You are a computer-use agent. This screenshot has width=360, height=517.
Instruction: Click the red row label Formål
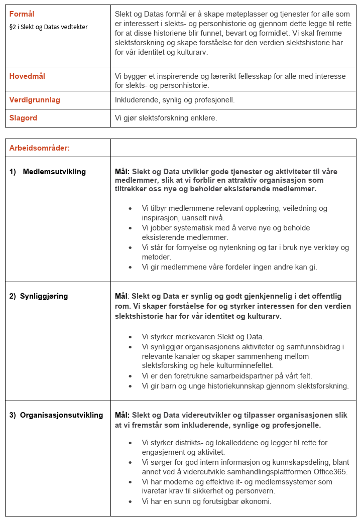pos(22,14)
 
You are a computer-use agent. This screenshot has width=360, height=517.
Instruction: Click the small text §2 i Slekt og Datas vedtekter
pos(48,26)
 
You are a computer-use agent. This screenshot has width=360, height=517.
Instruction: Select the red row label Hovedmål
pos(27,76)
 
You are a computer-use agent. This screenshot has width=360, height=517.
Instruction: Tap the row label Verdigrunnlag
pos(35,100)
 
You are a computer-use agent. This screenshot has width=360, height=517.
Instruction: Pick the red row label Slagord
pos(23,118)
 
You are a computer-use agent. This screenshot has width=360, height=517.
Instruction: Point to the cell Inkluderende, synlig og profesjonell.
pos(175,100)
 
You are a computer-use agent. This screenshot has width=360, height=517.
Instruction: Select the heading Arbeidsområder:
pos(39,148)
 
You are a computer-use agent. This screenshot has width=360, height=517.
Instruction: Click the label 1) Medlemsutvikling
pos(48,172)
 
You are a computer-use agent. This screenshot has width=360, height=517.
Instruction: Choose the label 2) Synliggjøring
pos(39,296)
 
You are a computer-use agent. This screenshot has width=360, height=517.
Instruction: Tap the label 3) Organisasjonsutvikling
pos(56,415)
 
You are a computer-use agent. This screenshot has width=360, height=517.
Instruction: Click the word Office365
pos(329,472)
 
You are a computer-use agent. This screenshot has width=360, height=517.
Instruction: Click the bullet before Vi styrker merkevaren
pos(131,337)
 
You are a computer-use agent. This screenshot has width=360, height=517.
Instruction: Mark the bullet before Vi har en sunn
pos(131,501)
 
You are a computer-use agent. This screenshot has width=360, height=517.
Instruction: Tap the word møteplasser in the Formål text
pos(235,14)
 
